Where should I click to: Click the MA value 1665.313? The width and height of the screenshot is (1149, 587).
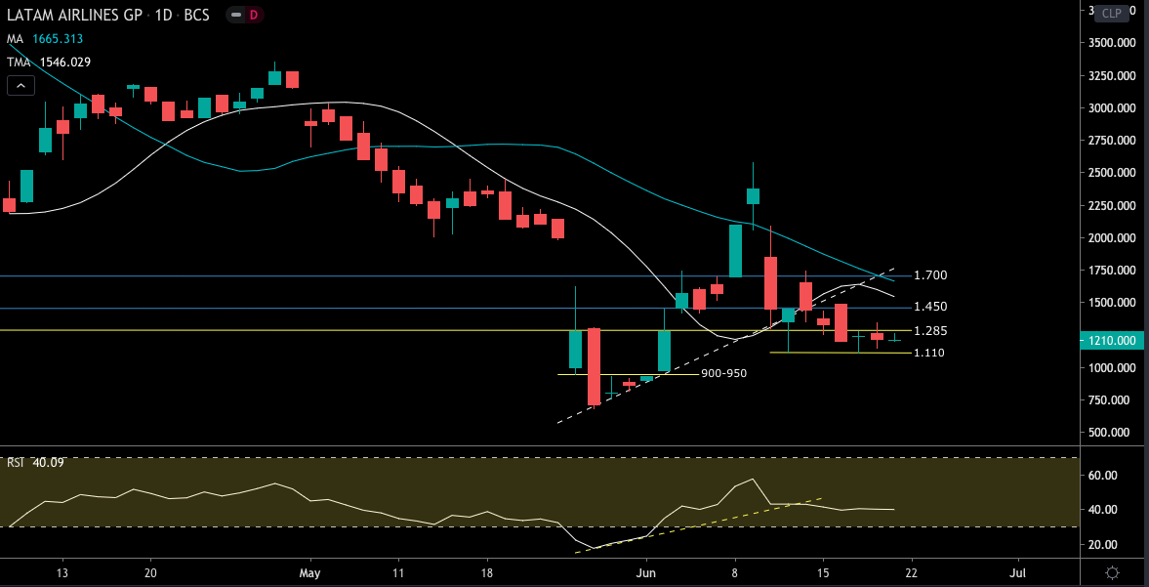tap(56, 39)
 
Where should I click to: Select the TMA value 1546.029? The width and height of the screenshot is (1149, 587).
tap(64, 62)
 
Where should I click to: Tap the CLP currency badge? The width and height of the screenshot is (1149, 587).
tap(1111, 13)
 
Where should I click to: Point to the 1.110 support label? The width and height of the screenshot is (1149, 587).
tap(927, 353)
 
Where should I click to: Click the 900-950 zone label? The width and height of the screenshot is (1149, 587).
tap(723, 373)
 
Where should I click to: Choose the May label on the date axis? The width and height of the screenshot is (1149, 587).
tap(310, 572)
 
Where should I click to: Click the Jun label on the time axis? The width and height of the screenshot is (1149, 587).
tap(645, 572)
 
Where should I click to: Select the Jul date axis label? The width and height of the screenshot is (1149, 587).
tap(1018, 572)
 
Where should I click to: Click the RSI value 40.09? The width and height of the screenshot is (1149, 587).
tap(48, 462)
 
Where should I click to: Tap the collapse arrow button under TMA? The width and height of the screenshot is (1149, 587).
tap(21, 86)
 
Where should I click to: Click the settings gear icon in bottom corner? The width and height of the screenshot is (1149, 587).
tap(1112, 572)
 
